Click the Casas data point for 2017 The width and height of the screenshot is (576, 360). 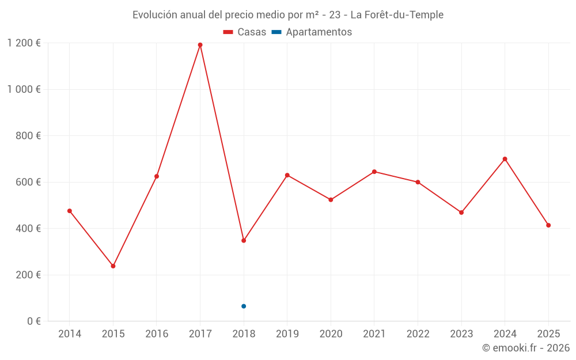tap(200, 45)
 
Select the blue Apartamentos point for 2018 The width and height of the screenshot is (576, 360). tap(244, 306)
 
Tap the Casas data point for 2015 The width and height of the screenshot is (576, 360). tap(113, 266)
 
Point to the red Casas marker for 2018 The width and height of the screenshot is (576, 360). tap(244, 241)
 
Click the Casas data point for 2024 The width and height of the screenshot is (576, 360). tap(505, 159)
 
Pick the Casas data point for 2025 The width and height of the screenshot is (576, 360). tap(548, 225)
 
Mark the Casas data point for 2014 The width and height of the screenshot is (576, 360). tap(70, 211)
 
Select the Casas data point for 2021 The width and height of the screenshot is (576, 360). tap(374, 172)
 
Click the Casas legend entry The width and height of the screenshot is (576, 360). tap(245, 32)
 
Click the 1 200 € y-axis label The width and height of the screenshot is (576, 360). tap(24, 43)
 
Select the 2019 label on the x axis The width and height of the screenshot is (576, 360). tap(287, 334)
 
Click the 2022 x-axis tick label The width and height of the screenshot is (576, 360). tap(418, 334)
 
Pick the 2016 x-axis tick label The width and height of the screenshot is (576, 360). tap(157, 334)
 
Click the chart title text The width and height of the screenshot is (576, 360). tap(288, 15)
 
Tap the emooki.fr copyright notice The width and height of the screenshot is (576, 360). tap(525, 348)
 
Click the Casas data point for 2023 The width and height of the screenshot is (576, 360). tap(461, 213)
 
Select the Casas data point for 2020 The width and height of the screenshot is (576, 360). tap(331, 200)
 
